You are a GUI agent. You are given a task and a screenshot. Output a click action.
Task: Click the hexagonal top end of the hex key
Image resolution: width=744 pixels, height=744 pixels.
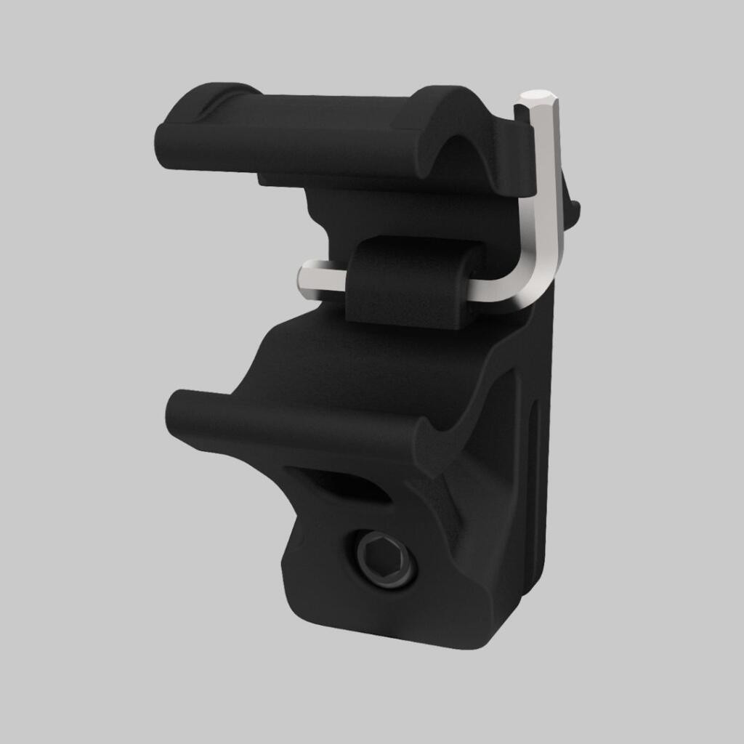[x=539, y=96]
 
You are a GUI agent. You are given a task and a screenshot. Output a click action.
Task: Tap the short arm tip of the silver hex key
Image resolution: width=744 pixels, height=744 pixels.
[x=306, y=277]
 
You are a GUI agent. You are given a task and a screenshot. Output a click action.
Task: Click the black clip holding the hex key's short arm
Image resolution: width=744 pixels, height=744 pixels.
[x=411, y=283]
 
